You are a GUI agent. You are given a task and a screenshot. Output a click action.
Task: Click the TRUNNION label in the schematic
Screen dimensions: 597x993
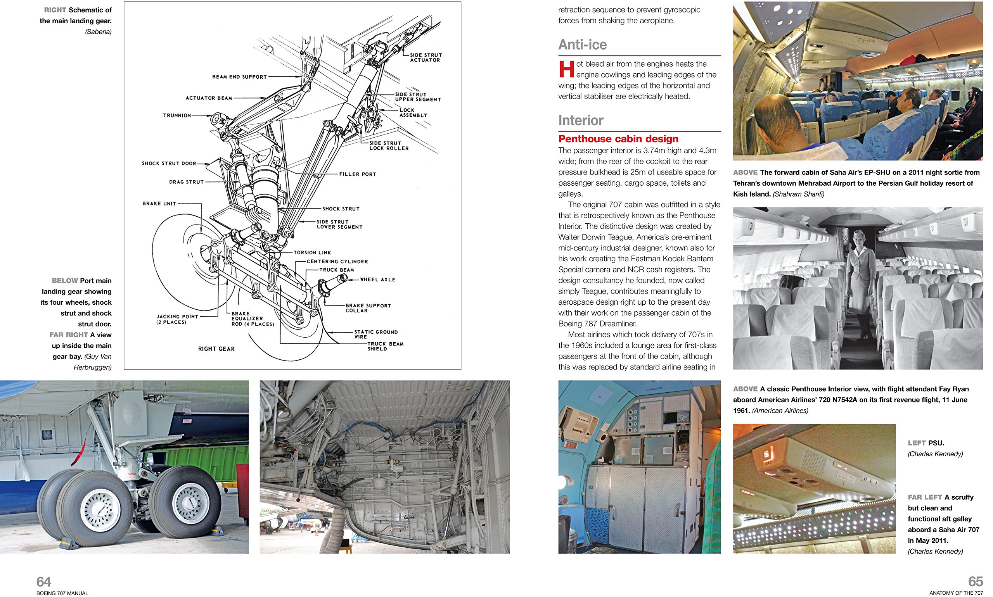tap(177, 116)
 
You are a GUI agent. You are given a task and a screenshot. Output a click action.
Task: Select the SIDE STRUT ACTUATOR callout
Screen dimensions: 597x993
tap(426, 57)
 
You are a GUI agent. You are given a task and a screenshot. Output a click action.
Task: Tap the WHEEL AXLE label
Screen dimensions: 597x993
tap(377, 280)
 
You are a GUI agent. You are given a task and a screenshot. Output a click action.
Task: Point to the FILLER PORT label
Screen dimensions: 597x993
tap(357, 174)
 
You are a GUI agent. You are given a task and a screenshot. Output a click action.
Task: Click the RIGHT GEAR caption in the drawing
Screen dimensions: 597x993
tap(216, 349)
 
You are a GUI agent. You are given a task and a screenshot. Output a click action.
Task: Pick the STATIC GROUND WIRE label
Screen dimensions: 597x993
tap(375, 334)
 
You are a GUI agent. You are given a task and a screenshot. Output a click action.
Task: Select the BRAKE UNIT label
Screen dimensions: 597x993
tap(159, 204)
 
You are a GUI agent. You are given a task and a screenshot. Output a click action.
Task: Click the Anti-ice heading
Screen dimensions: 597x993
tap(582, 45)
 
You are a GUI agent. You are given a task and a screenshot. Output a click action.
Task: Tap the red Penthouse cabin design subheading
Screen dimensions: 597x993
tap(618, 139)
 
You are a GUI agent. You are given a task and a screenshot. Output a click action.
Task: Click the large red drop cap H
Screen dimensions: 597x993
tap(566, 69)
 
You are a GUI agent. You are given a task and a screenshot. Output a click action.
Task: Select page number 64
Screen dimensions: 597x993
tap(43, 582)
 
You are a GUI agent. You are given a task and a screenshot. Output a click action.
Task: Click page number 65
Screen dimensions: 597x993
tap(975, 582)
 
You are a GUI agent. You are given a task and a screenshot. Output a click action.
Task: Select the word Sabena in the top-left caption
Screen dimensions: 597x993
tap(98, 32)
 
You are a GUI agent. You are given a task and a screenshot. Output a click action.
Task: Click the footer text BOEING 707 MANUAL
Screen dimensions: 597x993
tap(62, 593)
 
